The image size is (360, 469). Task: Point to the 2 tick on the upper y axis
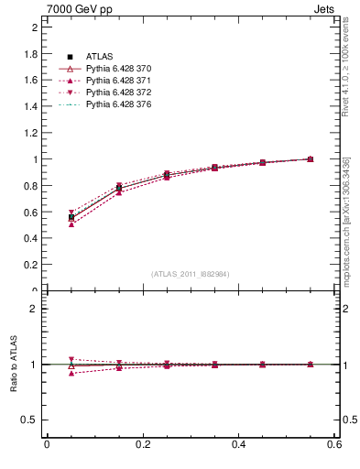click(34, 27)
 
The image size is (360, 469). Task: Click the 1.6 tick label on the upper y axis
click(30, 81)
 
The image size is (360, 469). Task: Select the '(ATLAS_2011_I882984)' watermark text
click(191, 274)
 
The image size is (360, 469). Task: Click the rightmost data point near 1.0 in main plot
click(310, 159)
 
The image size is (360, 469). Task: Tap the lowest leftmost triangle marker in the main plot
click(47, 224)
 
